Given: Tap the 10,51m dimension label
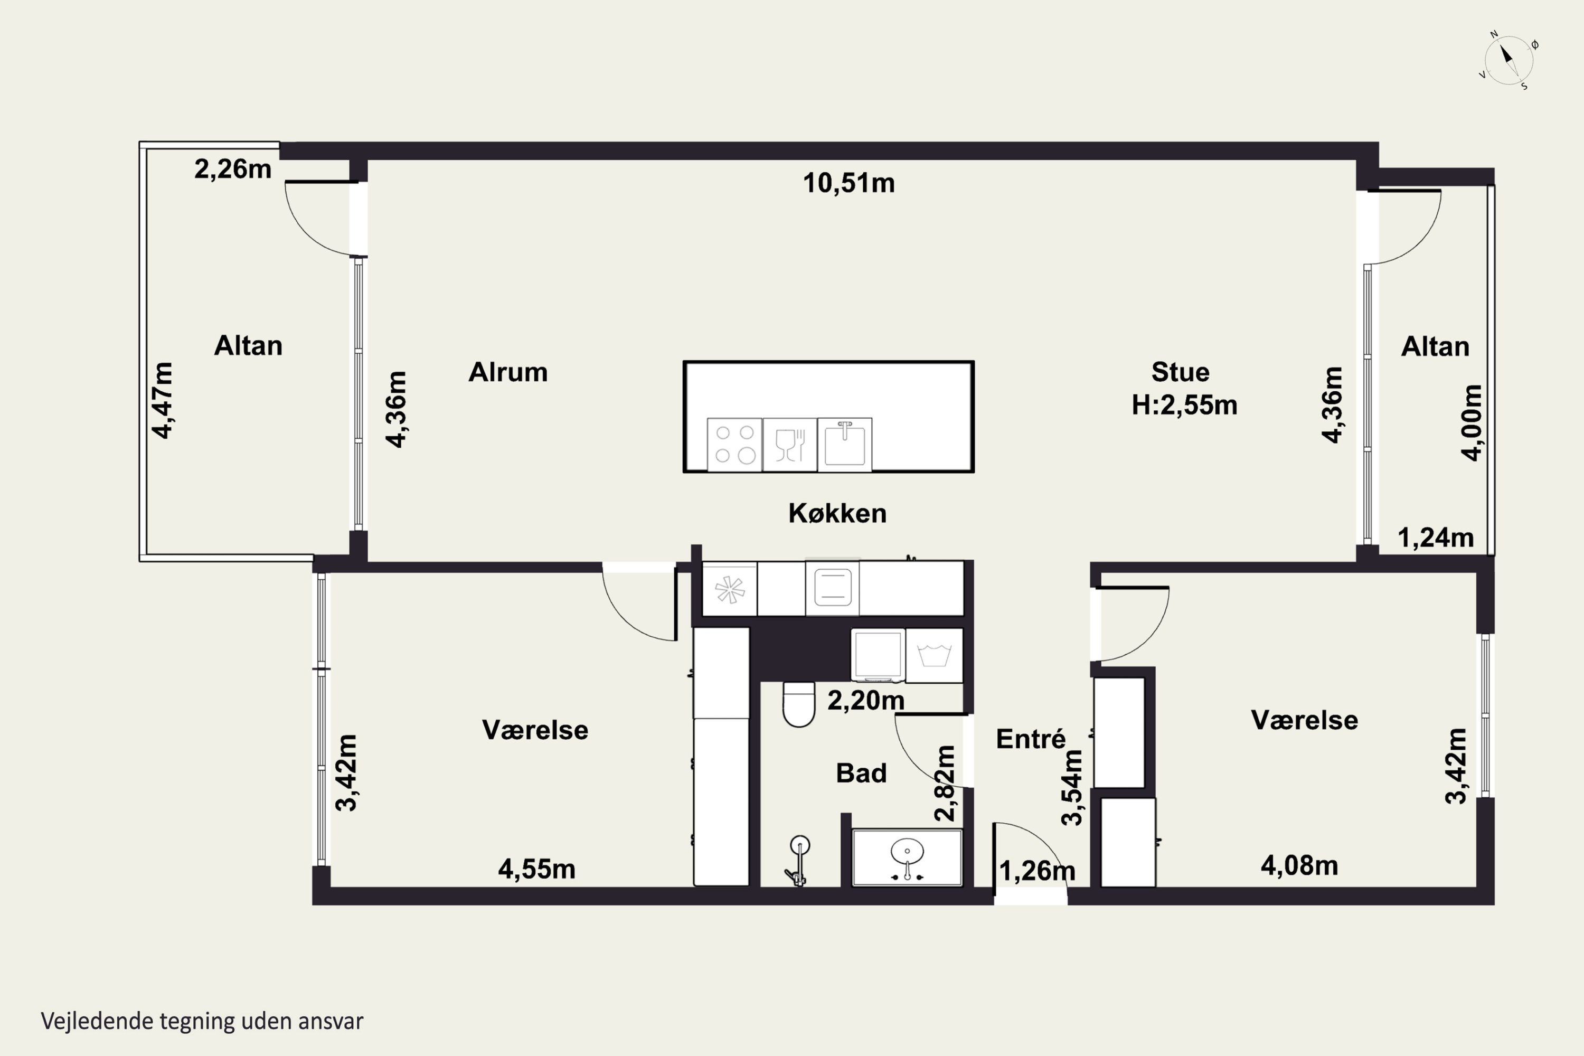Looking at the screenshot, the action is tap(848, 183).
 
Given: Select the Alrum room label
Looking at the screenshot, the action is tap(508, 372).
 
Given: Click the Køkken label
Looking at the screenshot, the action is tap(837, 513).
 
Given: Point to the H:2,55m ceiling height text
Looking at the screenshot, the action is tap(1184, 406).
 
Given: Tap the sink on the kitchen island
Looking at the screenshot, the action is tap(844, 445).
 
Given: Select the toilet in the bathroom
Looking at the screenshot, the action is tap(799, 704).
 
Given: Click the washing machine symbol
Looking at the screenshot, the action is tap(934, 655).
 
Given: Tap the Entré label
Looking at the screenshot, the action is tap(1031, 739).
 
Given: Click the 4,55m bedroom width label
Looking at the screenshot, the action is tap(537, 869).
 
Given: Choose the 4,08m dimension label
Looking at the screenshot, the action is tap(1299, 865).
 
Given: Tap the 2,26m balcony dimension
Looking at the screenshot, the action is tap(233, 168).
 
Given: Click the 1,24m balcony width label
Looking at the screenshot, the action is tap(1436, 538).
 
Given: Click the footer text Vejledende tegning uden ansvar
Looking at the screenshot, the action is tap(202, 1021).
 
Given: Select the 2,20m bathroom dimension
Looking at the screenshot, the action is tap(865, 701).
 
